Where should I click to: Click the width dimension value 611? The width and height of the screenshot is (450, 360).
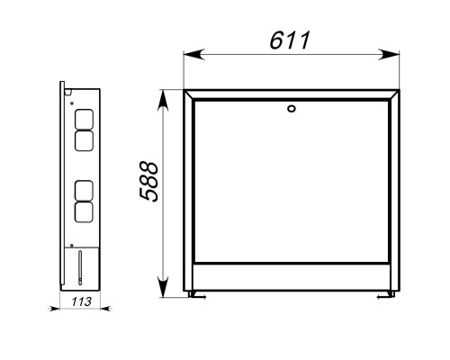point(290,40)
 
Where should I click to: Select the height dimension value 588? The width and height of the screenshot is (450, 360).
point(148,182)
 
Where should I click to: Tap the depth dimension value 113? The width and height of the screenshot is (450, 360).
point(81,301)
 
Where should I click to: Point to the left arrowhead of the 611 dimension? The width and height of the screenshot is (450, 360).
point(194,55)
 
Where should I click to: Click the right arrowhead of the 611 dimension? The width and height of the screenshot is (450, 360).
point(389,55)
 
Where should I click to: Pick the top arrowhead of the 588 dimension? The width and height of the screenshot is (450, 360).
point(163,101)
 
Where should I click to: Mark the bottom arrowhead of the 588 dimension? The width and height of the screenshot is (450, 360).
point(163,287)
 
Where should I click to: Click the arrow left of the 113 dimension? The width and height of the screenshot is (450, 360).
point(54,308)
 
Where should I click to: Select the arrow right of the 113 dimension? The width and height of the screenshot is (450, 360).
point(106,308)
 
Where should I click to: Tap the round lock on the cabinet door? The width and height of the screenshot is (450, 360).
point(291,109)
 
